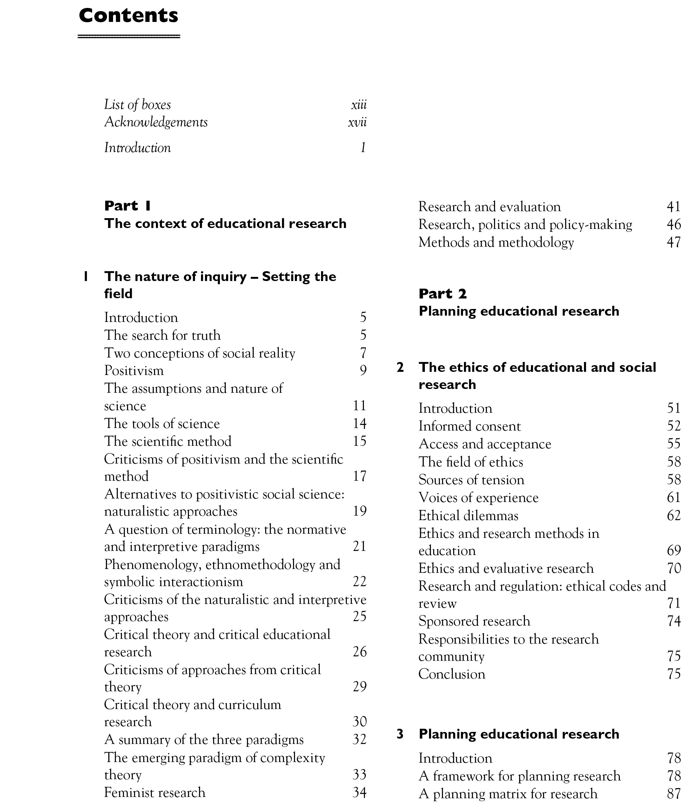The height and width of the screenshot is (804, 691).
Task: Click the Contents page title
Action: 128,16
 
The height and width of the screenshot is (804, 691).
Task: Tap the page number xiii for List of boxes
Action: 359,105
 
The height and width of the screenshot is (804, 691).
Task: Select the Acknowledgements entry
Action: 156,122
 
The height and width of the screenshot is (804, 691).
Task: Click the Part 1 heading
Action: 127,206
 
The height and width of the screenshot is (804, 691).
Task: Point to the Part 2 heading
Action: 442,294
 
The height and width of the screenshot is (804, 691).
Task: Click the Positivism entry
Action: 134,371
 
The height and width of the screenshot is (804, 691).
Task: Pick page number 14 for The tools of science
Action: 359,423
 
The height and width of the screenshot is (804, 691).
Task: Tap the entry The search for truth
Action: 162,335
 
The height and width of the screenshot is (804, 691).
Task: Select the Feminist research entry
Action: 154,792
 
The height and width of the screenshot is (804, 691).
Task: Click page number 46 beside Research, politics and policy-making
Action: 674,224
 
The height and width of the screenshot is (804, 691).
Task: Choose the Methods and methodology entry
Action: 496,242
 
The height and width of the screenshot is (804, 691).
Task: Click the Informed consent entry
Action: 469,426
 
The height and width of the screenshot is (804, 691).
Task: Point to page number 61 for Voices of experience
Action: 674,498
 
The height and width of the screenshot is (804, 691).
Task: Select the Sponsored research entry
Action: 474,621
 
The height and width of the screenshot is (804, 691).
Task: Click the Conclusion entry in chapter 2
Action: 452,674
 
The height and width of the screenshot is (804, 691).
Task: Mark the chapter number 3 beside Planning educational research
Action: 400,734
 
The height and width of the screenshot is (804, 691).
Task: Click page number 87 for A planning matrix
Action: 674,794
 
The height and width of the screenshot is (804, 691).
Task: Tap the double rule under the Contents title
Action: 129,37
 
